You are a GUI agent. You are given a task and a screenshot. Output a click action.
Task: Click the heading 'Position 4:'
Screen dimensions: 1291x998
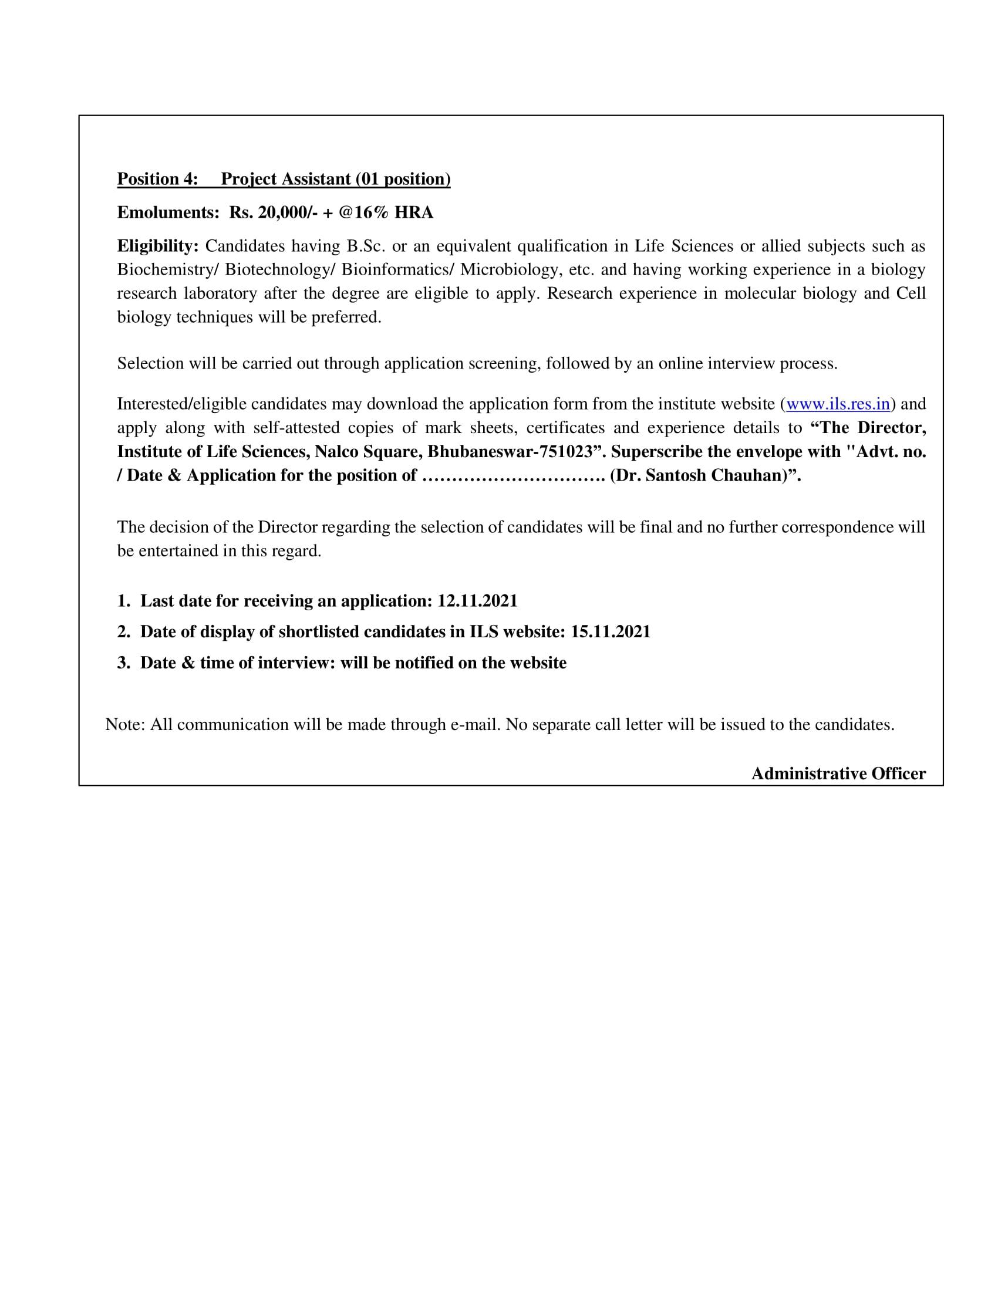[x=157, y=179]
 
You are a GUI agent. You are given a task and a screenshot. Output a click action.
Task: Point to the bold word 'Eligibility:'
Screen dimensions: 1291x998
[x=158, y=246]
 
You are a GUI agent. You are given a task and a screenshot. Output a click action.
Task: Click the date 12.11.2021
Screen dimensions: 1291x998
[x=477, y=601]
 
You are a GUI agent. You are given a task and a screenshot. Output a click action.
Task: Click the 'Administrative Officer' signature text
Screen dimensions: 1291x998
[x=838, y=774]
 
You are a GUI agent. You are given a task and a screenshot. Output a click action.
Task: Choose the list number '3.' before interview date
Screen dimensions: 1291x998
[x=123, y=663]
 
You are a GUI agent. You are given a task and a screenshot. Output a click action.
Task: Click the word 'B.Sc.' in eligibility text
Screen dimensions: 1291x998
[x=366, y=246]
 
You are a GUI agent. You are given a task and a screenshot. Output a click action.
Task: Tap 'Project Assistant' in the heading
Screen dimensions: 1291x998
[x=285, y=179]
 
